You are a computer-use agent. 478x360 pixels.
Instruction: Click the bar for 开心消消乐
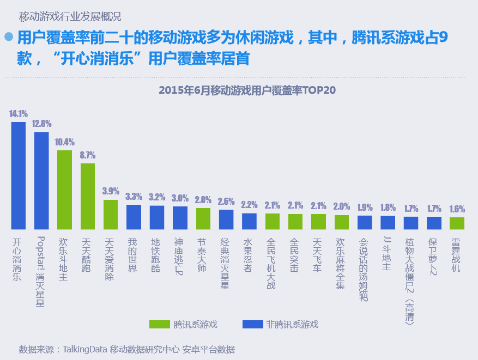tap(19, 175)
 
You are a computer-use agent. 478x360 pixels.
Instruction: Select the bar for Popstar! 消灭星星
tap(41, 180)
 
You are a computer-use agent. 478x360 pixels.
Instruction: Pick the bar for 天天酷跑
tap(88, 196)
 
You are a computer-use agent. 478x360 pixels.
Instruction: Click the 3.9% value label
tap(111, 191)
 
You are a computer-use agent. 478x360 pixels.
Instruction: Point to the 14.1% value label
tap(19, 114)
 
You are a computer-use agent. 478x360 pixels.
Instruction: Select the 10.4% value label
tap(64, 142)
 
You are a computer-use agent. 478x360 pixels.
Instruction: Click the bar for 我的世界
tap(134, 217)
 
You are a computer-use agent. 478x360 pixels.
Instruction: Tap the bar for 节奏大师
tap(203, 218)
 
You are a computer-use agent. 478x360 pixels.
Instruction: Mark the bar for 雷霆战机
tap(457, 223)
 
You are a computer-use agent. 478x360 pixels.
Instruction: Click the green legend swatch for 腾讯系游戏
tap(159, 325)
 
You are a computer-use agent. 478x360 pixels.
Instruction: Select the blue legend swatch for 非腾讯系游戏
tap(251, 325)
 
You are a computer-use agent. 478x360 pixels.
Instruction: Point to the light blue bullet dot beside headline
tap(9, 36)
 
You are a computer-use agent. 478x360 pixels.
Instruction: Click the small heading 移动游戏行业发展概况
tap(70, 15)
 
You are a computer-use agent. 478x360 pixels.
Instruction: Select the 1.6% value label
tap(457, 209)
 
